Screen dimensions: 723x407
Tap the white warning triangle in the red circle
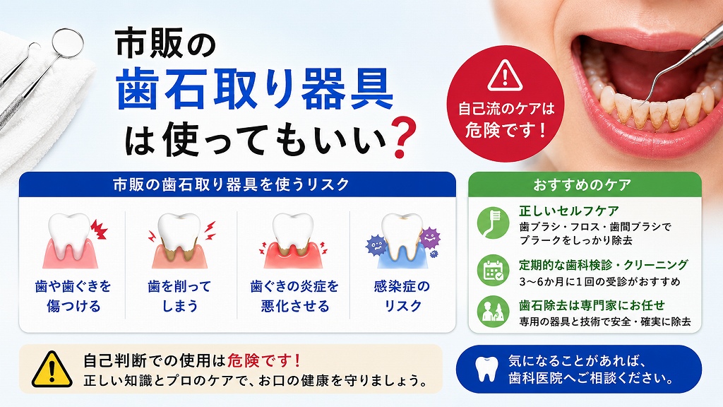(505, 75)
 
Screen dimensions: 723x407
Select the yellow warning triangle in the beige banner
(52, 369)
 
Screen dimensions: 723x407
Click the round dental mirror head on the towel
(68, 43)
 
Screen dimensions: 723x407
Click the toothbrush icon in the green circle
(493, 223)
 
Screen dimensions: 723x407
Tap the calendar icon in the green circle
(493, 271)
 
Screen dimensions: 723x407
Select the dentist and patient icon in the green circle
(493, 312)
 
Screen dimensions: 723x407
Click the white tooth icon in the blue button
(487, 369)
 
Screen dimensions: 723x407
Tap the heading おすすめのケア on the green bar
(582, 185)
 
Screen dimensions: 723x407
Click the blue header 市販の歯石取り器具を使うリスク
(232, 184)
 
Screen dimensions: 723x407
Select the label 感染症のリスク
(402, 296)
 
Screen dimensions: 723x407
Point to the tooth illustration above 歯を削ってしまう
(180, 240)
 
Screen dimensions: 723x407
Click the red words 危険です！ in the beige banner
(264, 360)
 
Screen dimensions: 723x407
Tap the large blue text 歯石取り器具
(255, 88)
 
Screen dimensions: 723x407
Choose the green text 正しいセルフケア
(569, 211)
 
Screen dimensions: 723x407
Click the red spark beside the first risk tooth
(99, 230)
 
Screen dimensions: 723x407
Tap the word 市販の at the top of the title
(165, 43)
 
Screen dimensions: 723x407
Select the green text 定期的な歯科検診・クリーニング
(604, 265)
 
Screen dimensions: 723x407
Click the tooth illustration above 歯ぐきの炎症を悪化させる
(293, 240)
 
